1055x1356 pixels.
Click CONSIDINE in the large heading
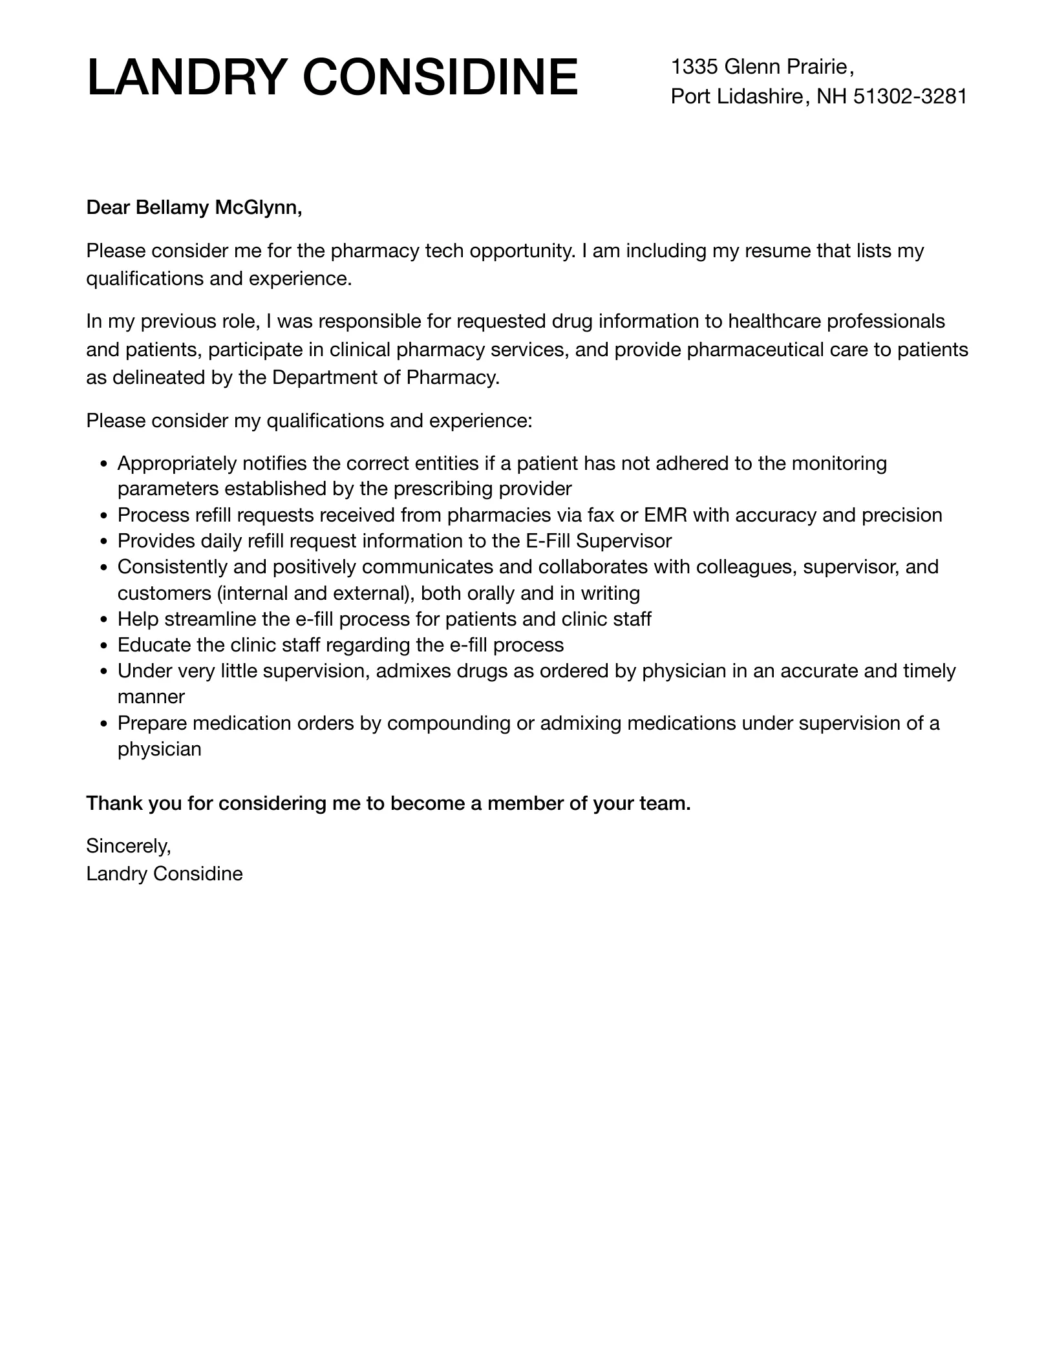pyautogui.click(x=440, y=78)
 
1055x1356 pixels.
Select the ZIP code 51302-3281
pyautogui.click(x=910, y=96)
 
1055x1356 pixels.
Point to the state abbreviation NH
pyautogui.click(x=832, y=96)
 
